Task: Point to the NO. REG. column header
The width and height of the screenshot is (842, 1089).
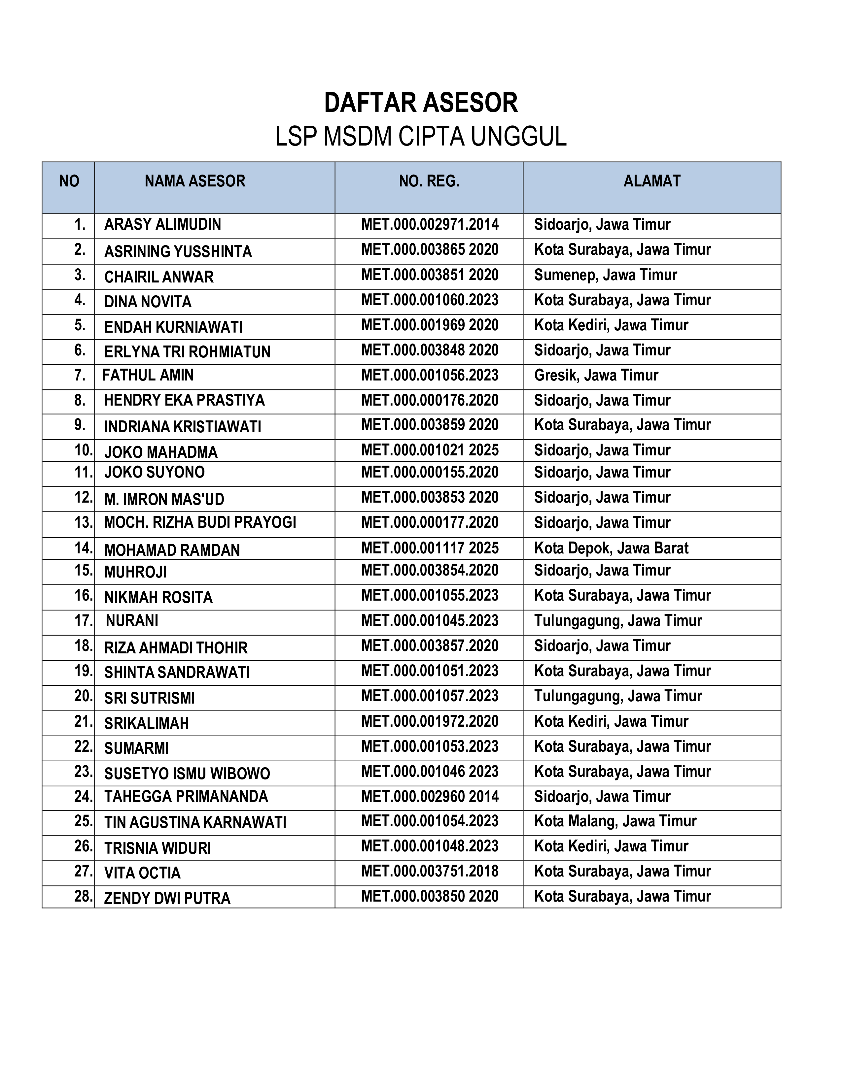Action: tap(429, 181)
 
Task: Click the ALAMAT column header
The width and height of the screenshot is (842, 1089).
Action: tap(651, 181)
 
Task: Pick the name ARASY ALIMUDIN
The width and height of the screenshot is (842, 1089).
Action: tap(162, 225)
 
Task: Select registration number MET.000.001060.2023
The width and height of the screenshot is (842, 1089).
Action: tap(430, 300)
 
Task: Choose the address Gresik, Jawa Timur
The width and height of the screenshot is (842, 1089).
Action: tap(596, 376)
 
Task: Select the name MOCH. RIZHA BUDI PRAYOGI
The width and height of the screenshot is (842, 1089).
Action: tap(200, 523)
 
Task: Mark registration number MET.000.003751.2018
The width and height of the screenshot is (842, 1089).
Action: tap(430, 871)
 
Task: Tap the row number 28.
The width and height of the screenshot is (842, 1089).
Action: tap(83, 897)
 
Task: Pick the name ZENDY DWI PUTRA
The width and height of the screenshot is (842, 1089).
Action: tap(167, 899)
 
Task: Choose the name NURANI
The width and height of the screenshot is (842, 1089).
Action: tap(132, 621)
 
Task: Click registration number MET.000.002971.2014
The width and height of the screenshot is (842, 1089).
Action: tap(430, 225)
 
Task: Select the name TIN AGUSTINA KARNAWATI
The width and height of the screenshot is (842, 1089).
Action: tap(195, 823)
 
